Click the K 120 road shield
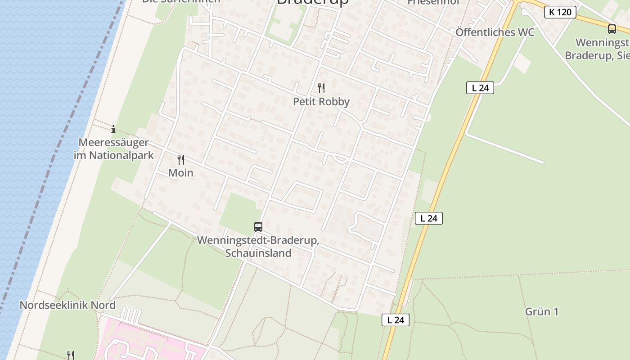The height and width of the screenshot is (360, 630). (560, 12)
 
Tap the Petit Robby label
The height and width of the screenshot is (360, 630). (321, 102)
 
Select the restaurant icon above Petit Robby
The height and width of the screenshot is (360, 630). (321, 88)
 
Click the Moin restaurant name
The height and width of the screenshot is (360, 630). (180, 173)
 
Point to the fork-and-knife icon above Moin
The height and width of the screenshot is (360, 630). (180, 159)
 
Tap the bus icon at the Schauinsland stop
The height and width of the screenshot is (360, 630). (258, 226)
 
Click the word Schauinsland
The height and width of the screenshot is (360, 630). (258, 253)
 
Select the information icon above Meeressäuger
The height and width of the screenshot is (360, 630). (113, 130)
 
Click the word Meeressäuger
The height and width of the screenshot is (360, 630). (113, 143)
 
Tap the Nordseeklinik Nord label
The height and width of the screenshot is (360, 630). (67, 305)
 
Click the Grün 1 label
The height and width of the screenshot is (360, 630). (541, 311)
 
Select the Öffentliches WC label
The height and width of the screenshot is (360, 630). (495, 32)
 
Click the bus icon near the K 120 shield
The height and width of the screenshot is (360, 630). (612, 29)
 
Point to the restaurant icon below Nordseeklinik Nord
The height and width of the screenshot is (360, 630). (70, 355)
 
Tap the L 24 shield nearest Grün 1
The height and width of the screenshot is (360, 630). (396, 320)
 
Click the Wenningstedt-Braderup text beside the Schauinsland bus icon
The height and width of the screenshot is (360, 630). (258, 240)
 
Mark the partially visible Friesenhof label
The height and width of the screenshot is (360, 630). (433, 2)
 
